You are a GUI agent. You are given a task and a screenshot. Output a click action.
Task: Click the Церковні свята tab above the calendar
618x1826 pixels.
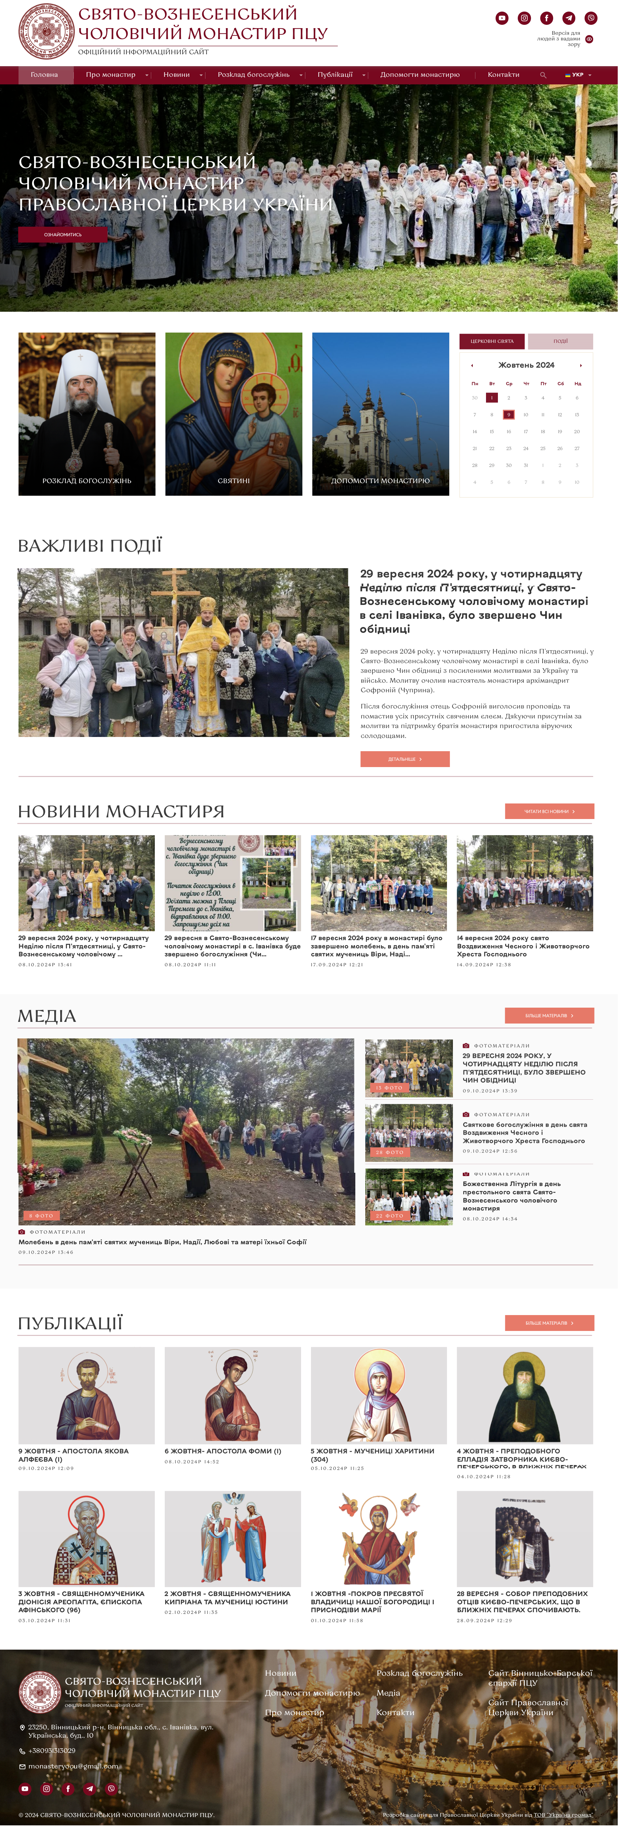pos(492,341)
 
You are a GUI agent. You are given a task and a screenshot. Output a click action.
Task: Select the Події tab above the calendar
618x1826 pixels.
pos(560,341)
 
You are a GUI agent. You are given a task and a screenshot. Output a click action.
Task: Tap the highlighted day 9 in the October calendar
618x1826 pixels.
pos(508,415)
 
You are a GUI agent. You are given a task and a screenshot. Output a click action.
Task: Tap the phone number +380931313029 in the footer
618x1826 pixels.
pos(52,1750)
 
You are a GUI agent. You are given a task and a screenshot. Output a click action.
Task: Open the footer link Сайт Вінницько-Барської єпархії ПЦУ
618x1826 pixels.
pos(540,1678)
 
